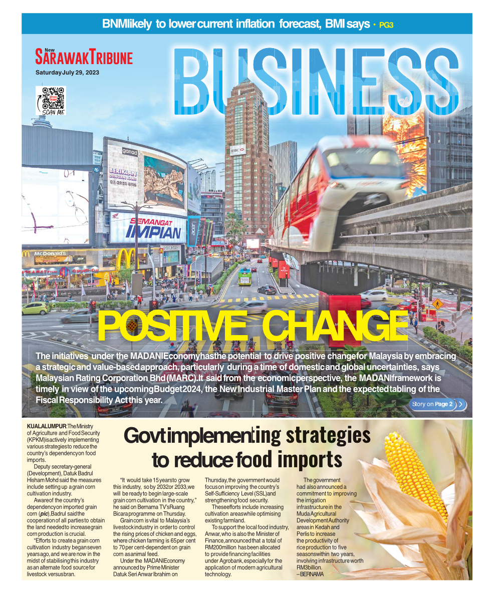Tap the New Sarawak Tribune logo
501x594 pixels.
coord(84,57)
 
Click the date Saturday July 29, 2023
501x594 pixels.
coord(67,73)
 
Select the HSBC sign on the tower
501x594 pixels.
coord(237,149)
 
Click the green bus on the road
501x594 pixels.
coord(245,274)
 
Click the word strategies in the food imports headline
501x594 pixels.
coord(328,435)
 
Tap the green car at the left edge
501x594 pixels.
coord(35,308)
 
